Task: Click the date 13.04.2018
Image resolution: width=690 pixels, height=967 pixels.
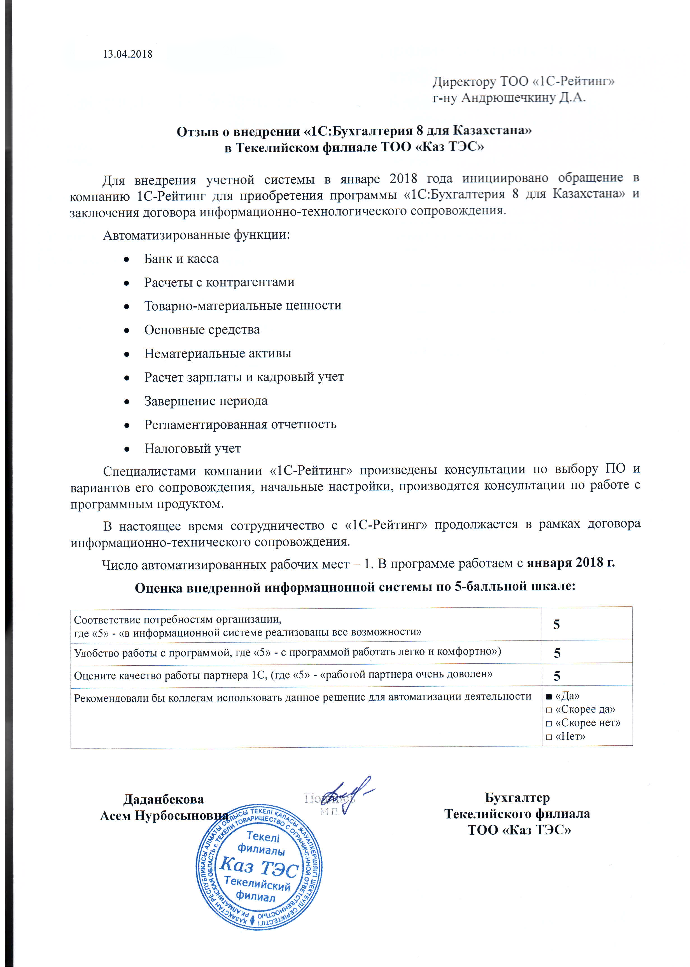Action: [127, 54]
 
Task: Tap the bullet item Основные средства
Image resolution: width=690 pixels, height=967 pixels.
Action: [202, 330]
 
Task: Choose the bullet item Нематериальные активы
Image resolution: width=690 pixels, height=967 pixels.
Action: [218, 354]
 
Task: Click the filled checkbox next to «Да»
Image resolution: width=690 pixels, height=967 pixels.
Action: [549, 696]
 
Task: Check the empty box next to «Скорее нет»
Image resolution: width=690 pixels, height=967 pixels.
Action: [549, 723]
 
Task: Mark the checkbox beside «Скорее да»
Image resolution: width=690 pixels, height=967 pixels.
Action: [549, 710]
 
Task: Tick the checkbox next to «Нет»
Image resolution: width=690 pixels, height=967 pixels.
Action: [549, 737]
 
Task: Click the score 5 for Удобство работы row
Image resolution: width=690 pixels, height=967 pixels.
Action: [557, 653]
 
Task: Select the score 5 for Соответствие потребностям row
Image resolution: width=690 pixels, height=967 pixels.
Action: [556, 625]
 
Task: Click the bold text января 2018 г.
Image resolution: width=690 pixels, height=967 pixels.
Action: [571, 563]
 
